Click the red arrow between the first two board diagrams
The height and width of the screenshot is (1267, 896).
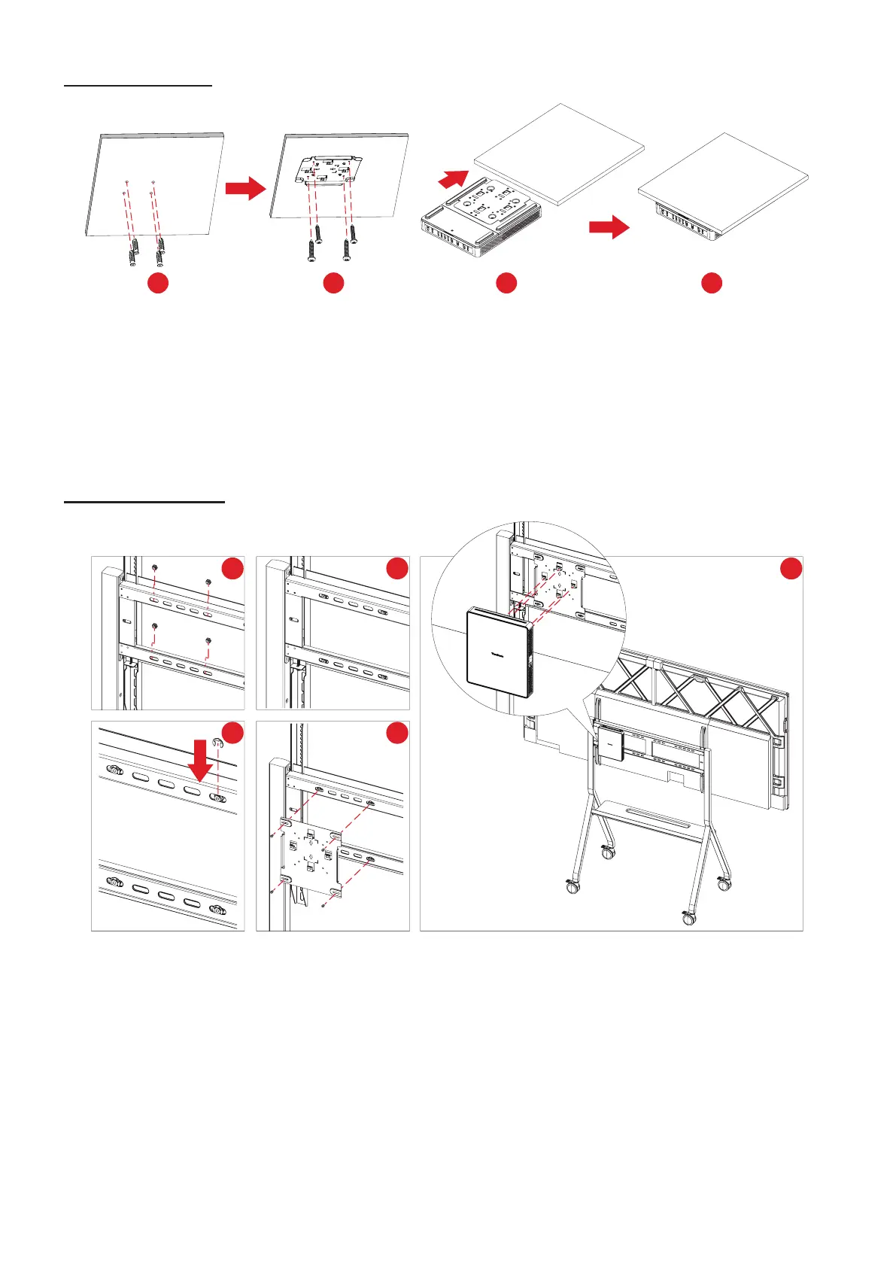point(245,188)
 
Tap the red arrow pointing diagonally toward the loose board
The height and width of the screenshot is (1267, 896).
point(453,180)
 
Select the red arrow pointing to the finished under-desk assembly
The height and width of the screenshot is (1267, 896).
point(609,226)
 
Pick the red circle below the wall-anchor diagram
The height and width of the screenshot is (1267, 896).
point(158,283)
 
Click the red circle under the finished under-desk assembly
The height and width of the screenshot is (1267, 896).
point(712,283)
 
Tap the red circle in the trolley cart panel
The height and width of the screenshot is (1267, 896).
point(791,568)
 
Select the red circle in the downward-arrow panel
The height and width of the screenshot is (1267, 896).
point(233,734)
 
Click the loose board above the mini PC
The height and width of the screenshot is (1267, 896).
point(560,154)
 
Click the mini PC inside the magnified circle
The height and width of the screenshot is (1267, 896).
point(499,655)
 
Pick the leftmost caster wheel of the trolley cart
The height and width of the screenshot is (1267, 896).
point(574,886)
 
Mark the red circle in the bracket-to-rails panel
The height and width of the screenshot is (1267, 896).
point(397,734)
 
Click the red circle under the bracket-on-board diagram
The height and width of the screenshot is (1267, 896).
point(333,283)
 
